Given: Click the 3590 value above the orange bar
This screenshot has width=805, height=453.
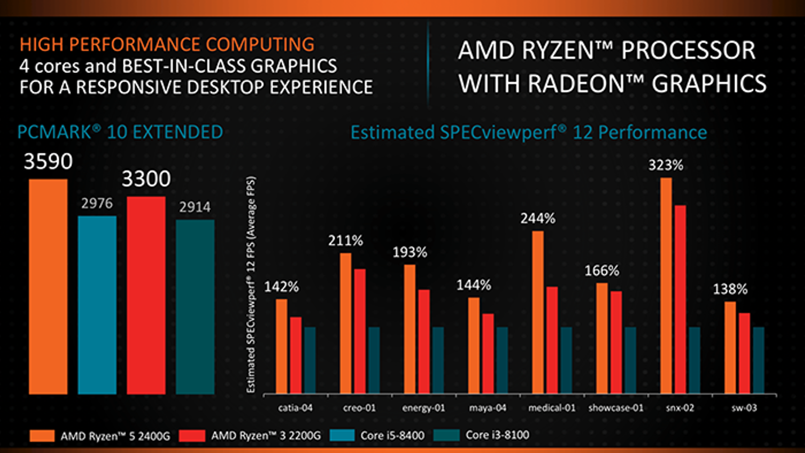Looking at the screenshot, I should [x=48, y=162].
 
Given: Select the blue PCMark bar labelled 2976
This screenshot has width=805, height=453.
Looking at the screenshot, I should [x=97, y=305].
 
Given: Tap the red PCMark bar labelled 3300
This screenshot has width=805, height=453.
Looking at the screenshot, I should [x=146, y=295].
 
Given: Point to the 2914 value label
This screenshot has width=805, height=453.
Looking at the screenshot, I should [x=195, y=207].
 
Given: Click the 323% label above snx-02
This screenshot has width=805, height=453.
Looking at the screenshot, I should [x=665, y=165].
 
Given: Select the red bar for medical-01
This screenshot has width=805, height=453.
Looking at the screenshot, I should [x=552, y=340].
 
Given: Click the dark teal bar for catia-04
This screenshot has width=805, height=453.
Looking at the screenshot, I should [x=309, y=360].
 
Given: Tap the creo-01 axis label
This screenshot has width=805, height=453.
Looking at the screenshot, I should [x=359, y=408].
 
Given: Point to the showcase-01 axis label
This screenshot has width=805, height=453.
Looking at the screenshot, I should [x=616, y=408].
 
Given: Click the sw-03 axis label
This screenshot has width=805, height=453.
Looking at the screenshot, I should [x=744, y=408].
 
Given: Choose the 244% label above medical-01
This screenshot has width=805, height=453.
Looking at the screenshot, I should [x=538, y=218].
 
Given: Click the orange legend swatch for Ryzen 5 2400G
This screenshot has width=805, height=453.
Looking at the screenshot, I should [x=42, y=435].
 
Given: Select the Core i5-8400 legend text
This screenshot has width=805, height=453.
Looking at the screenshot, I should [x=392, y=435].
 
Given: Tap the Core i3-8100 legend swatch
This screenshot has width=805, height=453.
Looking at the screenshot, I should [x=446, y=435].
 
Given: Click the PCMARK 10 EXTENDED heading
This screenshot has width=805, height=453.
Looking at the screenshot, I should [x=120, y=132].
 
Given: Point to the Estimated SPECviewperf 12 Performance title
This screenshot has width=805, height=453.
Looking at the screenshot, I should [x=528, y=132].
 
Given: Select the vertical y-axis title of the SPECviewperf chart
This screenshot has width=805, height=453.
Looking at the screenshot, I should [x=251, y=284].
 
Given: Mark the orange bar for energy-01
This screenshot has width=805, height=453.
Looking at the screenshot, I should [x=410, y=329].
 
